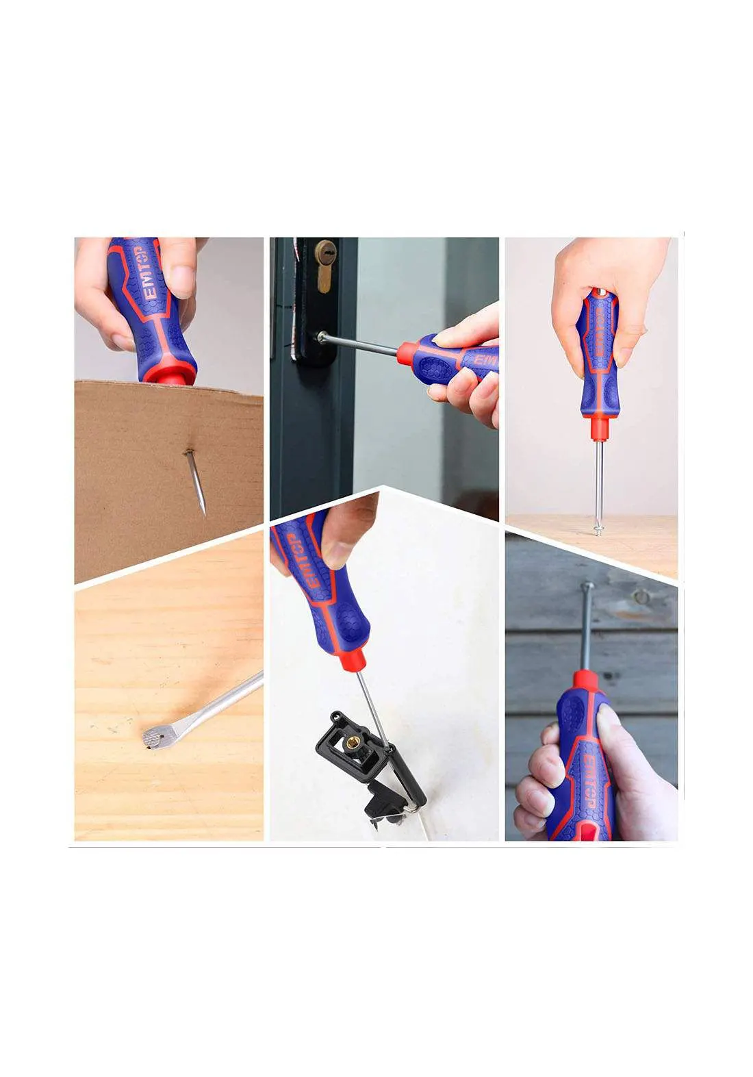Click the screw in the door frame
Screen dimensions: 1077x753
coord(320,336)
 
